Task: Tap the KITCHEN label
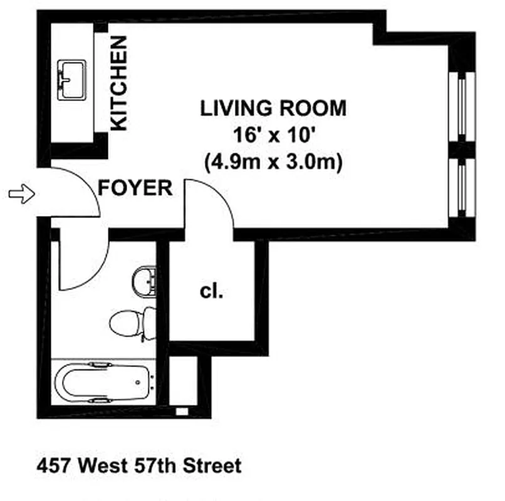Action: point(118,83)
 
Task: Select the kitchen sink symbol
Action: point(71,80)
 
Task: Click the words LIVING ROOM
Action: point(273,108)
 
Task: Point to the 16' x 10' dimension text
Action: point(273,135)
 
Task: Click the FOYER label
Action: point(135,188)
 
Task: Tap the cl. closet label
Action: point(212,291)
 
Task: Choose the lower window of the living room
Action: point(462,186)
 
